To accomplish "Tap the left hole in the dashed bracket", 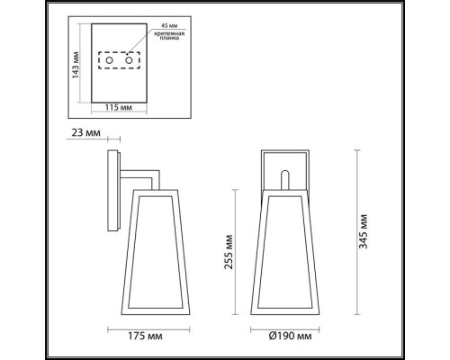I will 112,61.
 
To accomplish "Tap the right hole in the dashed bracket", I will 130,61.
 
